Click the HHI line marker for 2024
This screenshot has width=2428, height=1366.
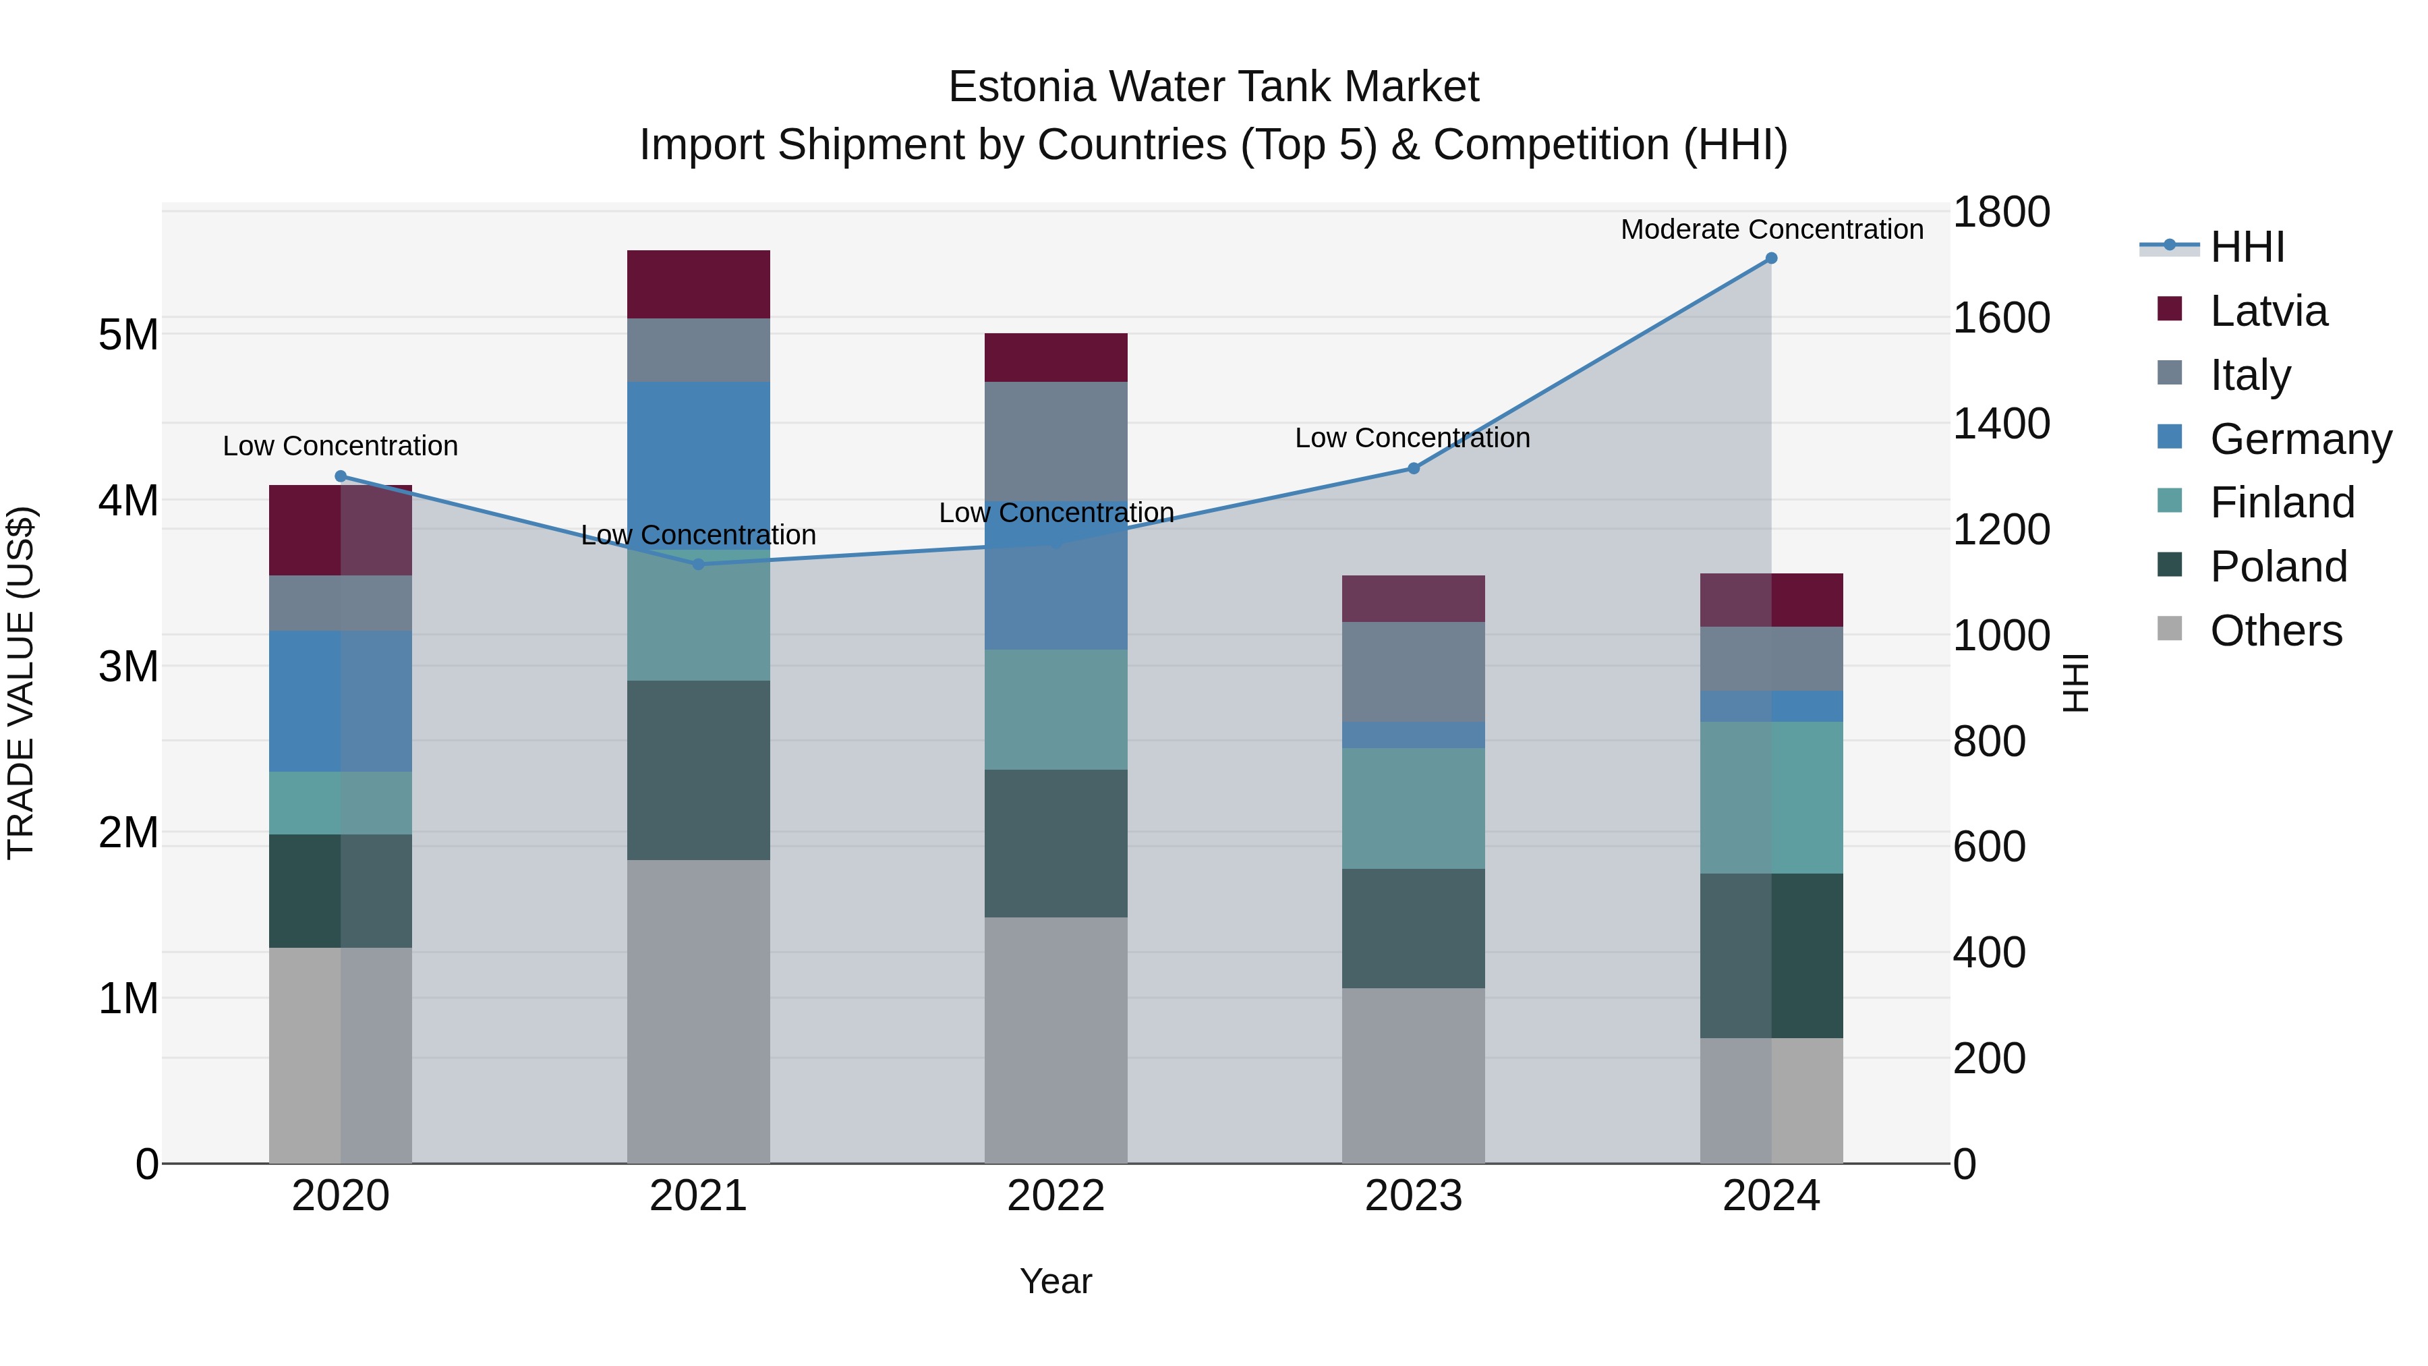pyautogui.click(x=1771, y=258)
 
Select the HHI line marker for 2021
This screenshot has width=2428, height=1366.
pyautogui.click(x=699, y=565)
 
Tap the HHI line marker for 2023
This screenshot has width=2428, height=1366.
pyautogui.click(x=1414, y=469)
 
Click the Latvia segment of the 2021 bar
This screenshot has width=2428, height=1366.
pyautogui.click(x=699, y=285)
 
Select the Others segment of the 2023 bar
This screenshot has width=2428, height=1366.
pyautogui.click(x=1414, y=1075)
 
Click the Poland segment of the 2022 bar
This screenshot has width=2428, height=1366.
pyautogui.click(x=1056, y=843)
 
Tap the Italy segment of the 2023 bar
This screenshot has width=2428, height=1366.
pyautogui.click(x=1414, y=671)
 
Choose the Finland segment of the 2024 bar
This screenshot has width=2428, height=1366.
pyautogui.click(x=1771, y=797)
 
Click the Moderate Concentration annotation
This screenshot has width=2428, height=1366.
pyautogui.click(x=1771, y=229)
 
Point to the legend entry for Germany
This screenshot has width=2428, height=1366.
pyautogui.click(x=2300, y=439)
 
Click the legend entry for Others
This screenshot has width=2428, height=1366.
pyautogui.click(x=2276, y=631)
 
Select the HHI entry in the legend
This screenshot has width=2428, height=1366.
pyautogui.click(x=2247, y=247)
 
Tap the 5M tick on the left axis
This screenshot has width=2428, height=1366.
pyautogui.click(x=128, y=335)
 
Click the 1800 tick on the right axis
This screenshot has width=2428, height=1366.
pyautogui.click(x=2000, y=212)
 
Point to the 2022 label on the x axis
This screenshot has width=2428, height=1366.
pyautogui.click(x=1056, y=1196)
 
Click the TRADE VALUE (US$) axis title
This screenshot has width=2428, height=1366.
pyautogui.click(x=21, y=683)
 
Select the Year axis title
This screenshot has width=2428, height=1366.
pyautogui.click(x=1056, y=1281)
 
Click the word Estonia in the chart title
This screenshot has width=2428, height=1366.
pyautogui.click(x=1022, y=87)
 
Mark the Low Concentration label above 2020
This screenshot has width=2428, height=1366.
pyautogui.click(x=341, y=446)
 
